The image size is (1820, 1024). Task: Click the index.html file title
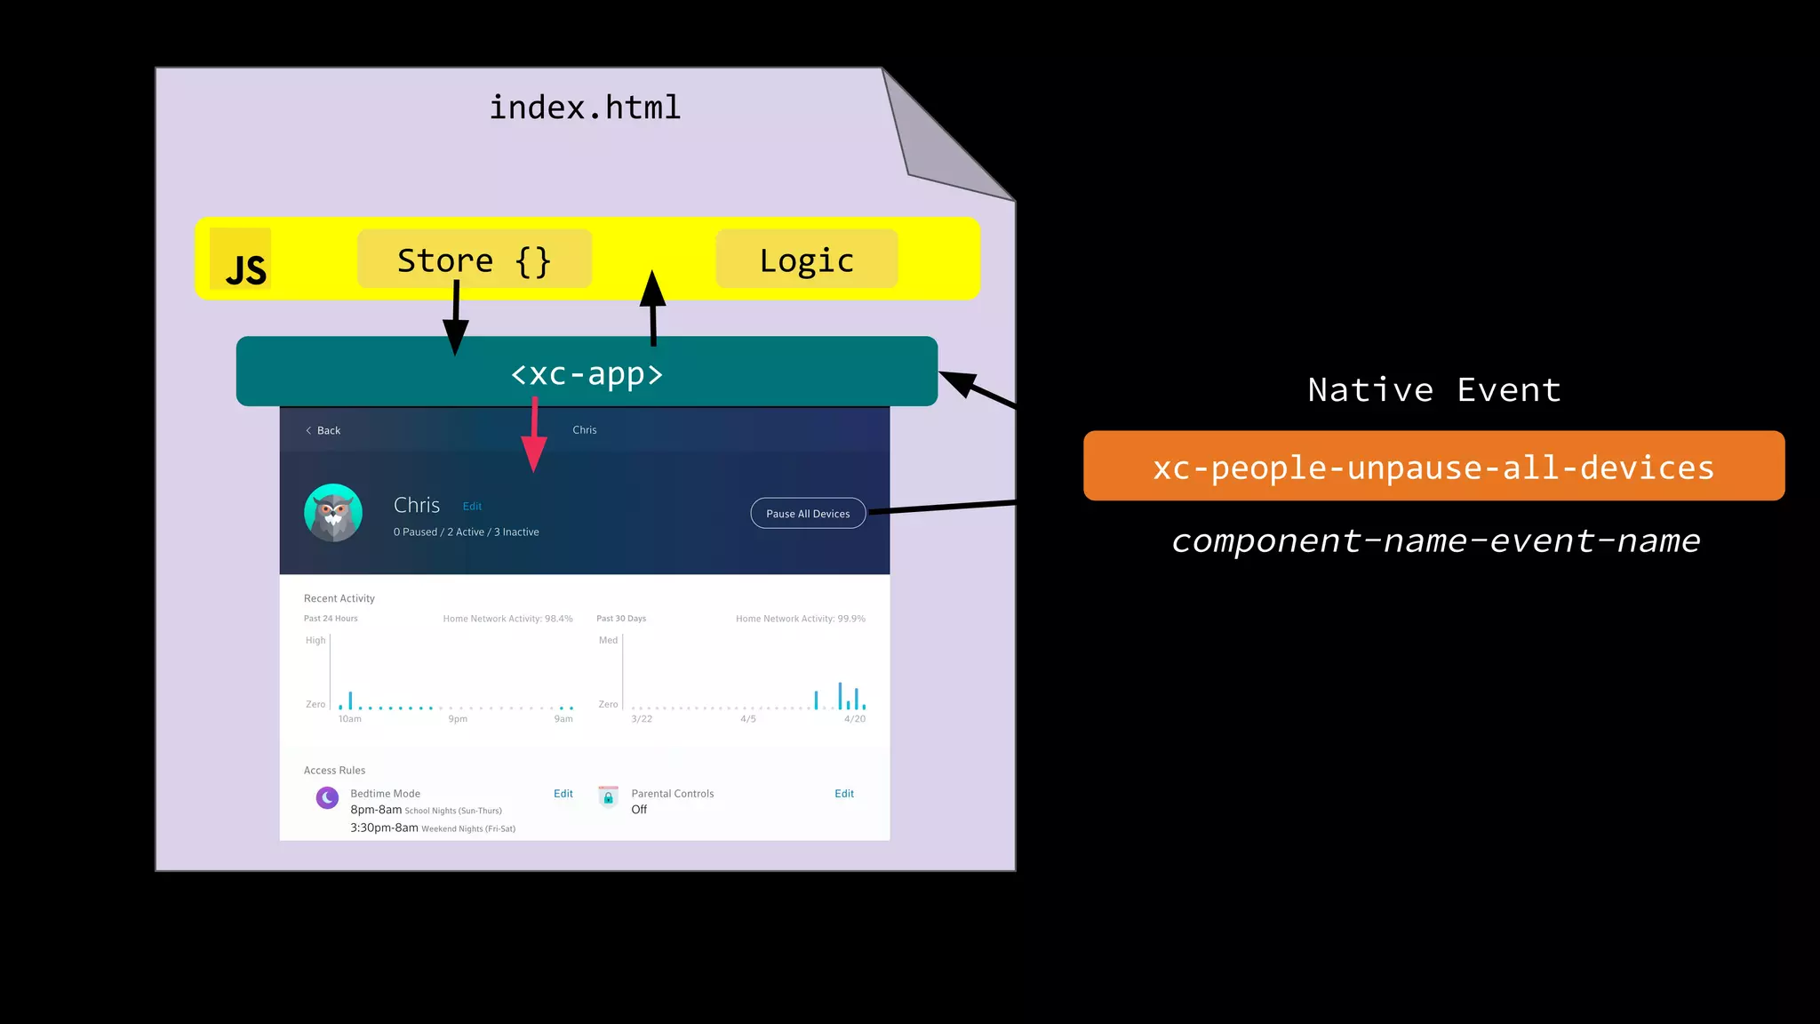coord(585,108)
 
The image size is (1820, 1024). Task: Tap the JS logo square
coord(241,260)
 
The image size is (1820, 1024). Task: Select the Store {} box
coord(475,260)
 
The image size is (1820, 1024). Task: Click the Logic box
coord(806,260)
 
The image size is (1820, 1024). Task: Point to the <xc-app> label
coord(587,373)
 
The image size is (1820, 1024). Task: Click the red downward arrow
coord(534,436)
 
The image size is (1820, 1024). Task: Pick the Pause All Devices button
coord(808,514)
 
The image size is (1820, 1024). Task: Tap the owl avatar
coord(333,513)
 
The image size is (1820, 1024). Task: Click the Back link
coord(323,430)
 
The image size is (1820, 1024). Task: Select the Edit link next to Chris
coord(472,507)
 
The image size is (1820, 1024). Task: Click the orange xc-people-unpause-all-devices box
coord(1433,467)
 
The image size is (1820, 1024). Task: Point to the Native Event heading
coord(1433,390)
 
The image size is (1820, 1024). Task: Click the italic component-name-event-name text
coord(1435,540)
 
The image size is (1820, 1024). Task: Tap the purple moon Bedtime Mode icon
coord(327,797)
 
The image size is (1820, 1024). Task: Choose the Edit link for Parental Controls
coord(844,794)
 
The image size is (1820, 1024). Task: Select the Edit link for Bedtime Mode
coord(563,794)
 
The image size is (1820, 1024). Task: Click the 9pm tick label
coord(458,719)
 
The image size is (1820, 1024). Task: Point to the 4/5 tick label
coord(748,719)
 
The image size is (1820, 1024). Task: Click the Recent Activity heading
coord(339,598)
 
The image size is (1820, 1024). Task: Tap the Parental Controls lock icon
coord(608,796)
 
